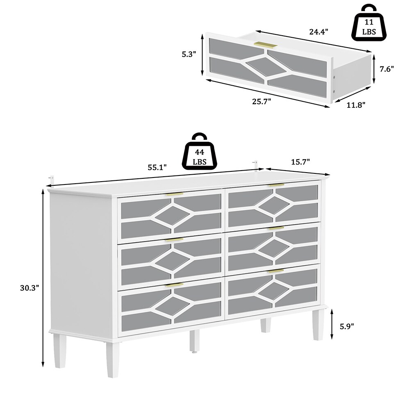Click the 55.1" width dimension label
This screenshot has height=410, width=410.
pyautogui.click(x=157, y=167)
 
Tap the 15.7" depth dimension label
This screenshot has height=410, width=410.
pyautogui.click(x=301, y=162)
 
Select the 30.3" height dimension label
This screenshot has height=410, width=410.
pyautogui.click(x=30, y=288)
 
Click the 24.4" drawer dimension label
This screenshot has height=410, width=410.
pyautogui.click(x=319, y=32)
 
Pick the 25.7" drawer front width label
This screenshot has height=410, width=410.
pyautogui.click(x=262, y=101)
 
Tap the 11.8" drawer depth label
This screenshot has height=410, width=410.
pyautogui.click(x=356, y=105)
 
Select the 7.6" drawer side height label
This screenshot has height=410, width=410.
pyautogui.click(x=387, y=69)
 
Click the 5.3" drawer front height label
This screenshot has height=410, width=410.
pyautogui.click(x=189, y=55)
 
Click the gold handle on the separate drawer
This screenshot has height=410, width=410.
pyautogui.click(x=265, y=45)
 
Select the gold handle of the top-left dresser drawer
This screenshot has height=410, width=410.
pyautogui.click(x=174, y=194)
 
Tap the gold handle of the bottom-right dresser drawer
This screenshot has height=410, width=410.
pyautogui.click(x=276, y=271)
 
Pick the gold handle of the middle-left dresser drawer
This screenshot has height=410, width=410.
pyautogui.click(x=174, y=240)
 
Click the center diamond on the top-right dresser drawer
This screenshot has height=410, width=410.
pyautogui.click(x=274, y=205)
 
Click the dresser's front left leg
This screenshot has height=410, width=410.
pyautogui.click(x=113, y=360)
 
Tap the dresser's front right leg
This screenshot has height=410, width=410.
pyautogui.click(x=318, y=324)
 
